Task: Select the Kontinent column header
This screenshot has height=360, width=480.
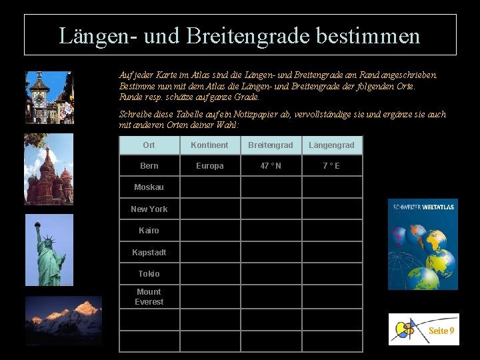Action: tap(209, 145)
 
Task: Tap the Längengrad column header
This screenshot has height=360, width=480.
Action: tap(331, 145)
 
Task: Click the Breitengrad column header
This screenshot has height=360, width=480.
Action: tap(270, 145)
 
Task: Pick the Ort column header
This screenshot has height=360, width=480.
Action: tap(149, 145)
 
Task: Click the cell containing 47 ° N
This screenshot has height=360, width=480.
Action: tap(270, 166)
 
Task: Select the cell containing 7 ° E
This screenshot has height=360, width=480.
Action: tap(331, 166)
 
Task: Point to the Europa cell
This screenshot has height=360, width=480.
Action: tap(209, 166)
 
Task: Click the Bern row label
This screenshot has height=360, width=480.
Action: tap(149, 166)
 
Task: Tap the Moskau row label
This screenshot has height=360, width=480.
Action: tap(149, 187)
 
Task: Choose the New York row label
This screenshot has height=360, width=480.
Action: tap(149, 209)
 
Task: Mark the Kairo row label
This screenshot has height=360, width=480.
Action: tap(149, 231)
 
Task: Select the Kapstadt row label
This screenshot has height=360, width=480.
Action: tap(149, 252)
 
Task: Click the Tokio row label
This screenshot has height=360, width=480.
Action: tap(149, 273)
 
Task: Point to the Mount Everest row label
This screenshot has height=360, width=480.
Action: tap(149, 297)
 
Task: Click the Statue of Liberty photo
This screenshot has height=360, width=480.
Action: tap(49, 250)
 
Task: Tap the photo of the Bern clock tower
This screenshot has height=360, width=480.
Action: tap(49, 97)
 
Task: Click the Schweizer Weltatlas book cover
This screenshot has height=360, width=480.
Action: tap(423, 244)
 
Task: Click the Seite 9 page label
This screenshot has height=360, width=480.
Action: tap(441, 331)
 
